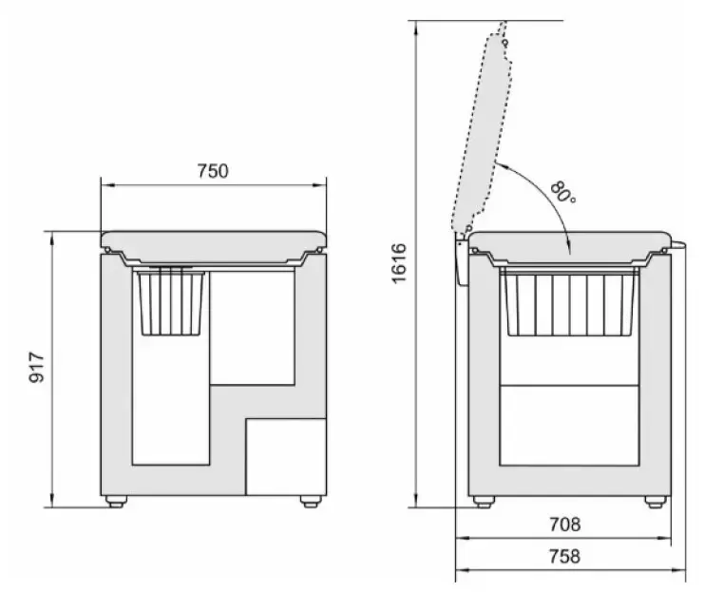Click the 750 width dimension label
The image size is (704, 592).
click(213, 171)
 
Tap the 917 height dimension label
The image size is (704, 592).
click(37, 368)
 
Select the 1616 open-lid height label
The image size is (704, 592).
click(399, 263)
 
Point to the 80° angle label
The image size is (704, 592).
click(562, 192)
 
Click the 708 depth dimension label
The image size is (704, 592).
click(565, 525)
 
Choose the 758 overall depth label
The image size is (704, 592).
click(565, 557)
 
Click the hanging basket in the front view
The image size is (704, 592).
click(171, 302)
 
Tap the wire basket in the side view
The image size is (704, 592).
click(570, 303)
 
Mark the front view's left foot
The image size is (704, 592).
click(116, 502)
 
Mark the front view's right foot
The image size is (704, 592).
click(311, 502)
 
